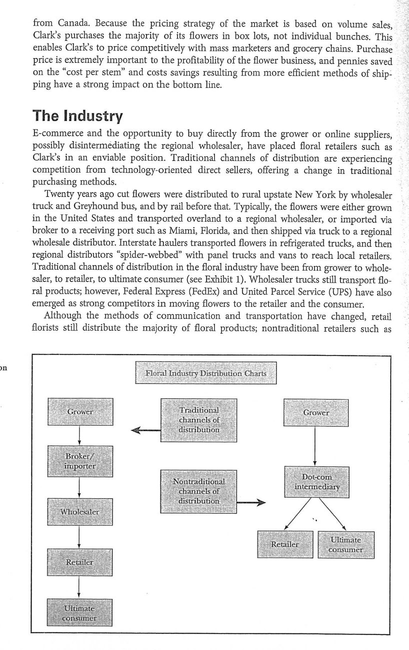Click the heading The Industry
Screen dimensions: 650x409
click(x=77, y=116)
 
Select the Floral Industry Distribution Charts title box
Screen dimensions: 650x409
click(x=205, y=373)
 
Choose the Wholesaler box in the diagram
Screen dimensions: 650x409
click(x=80, y=511)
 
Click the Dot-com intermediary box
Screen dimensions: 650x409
click(x=316, y=482)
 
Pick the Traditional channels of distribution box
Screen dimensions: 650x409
click(x=199, y=420)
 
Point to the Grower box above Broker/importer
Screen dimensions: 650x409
click(x=80, y=412)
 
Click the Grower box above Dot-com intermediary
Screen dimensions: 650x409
click(x=316, y=413)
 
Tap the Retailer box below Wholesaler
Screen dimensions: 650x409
click(x=80, y=562)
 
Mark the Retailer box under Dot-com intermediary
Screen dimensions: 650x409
click(x=284, y=544)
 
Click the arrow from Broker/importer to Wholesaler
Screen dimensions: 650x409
click(x=80, y=487)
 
